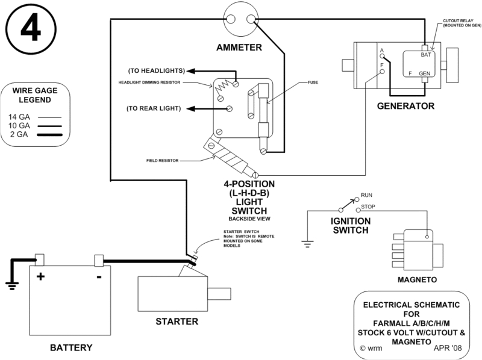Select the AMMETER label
240,46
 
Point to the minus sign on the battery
98,278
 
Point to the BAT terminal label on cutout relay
425,54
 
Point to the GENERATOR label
398,107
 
